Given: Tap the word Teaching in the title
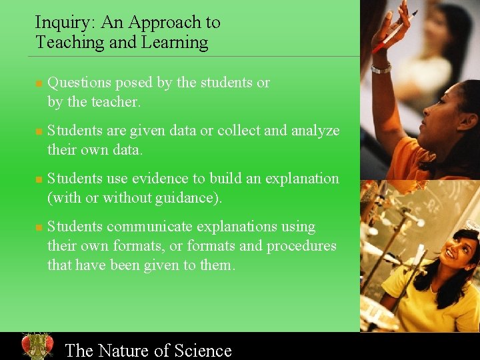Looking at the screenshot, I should point(64,43).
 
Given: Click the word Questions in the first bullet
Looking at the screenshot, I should point(79,83).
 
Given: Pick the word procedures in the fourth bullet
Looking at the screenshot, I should point(301,246).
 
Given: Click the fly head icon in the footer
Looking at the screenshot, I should point(37,346).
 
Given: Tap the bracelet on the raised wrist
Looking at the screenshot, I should point(381,67).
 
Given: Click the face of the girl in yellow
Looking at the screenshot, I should point(459,251).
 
